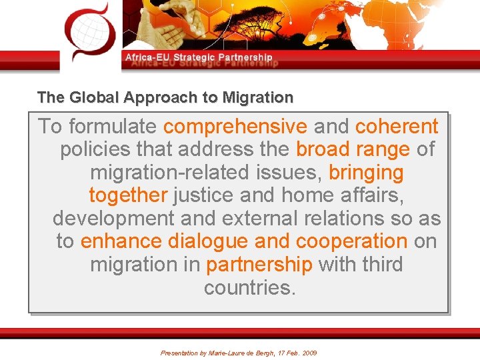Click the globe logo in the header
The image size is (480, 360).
tap(89, 30)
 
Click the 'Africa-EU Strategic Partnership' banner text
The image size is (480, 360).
tap(199, 58)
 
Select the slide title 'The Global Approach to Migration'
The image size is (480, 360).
tap(165, 98)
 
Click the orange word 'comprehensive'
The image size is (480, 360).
tap(235, 126)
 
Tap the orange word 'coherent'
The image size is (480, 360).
tap(397, 126)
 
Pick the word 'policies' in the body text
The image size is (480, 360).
tap(97, 149)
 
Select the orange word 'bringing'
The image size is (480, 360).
tap(366, 173)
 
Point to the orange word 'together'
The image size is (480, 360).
tap(128, 195)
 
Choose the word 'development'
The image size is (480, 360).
tap(113, 219)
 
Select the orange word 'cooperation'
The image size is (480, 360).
tap(351, 241)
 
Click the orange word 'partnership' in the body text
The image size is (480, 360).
tap(259, 265)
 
